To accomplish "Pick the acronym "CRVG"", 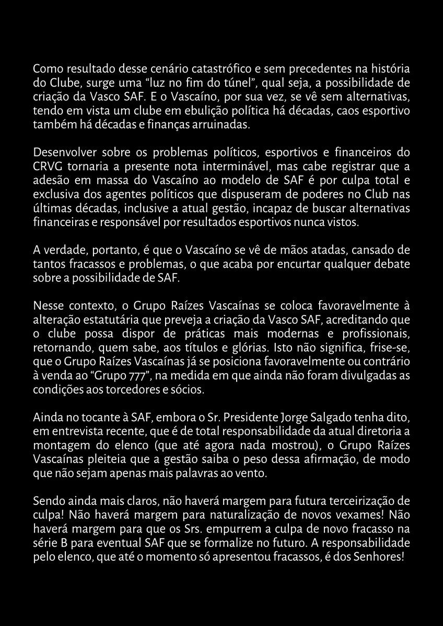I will click(45, 168).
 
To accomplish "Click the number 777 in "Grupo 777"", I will click(126, 376).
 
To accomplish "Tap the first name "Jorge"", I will click(295, 418).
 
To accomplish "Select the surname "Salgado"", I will click(332, 418).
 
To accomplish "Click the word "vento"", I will click(252, 474).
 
